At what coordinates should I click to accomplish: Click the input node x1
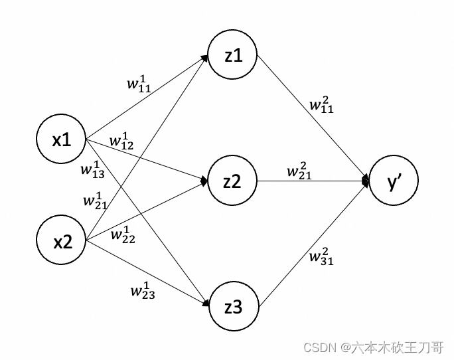tap(62, 140)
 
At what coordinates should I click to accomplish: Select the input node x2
tap(62, 242)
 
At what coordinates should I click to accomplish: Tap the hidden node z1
tap(232, 56)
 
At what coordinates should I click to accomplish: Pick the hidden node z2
tap(232, 181)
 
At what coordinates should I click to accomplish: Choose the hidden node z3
tap(232, 307)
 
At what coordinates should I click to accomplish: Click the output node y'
tap(394, 181)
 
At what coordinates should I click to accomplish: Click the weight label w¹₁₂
tap(121, 141)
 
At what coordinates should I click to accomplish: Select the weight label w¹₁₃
tap(92, 168)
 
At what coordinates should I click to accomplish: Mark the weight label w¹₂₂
tap(123, 234)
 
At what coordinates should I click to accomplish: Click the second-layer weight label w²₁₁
tap(321, 104)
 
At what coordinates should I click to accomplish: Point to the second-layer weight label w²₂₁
tap(299, 171)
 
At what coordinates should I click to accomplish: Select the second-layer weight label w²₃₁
tap(321, 256)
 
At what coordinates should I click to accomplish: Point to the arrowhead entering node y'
tap(366, 181)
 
